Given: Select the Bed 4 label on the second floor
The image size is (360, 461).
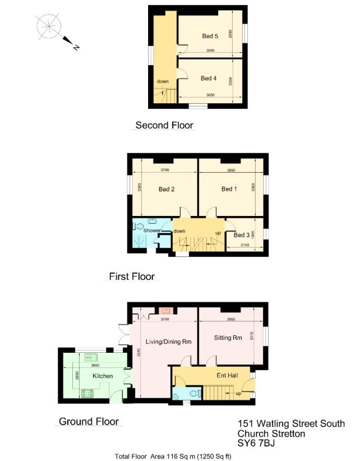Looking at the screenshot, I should pyautogui.click(x=208, y=79).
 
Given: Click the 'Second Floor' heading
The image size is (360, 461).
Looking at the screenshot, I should pyautogui.click(x=164, y=125).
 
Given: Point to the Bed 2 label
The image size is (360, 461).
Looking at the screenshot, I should pyautogui.click(x=167, y=189).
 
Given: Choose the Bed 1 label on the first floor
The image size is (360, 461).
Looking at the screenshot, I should pyautogui.click(x=229, y=189).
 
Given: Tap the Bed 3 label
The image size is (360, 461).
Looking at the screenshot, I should pyautogui.click(x=242, y=236).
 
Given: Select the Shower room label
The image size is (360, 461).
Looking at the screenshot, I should pyautogui.click(x=152, y=231).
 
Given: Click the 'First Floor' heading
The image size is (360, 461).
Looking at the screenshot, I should pyautogui.click(x=132, y=276).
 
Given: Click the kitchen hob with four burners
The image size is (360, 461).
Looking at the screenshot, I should pyautogui.click(x=87, y=393).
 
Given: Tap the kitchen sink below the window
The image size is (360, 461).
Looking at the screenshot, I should pyautogui.click(x=90, y=357).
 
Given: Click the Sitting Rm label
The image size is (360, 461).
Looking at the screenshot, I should pyautogui.click(x=227, y=339).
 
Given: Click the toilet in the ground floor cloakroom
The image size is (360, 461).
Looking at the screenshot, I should pyautogui.click(x=194, y=394).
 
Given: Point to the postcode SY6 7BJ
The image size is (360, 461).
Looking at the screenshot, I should pyautogui.click(x=256, y=444).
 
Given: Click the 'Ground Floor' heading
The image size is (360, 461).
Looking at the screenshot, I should pyautogui.click(x=89, y=421).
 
